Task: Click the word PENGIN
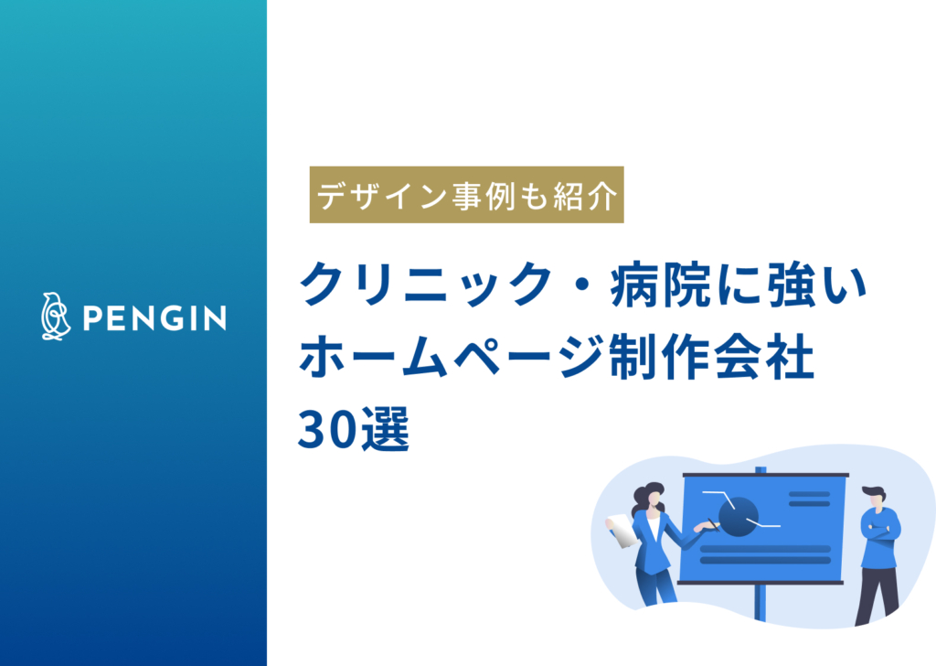click(x=154, y=318)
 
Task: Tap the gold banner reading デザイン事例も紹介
click(x=466, y=195)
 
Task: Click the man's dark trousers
click(x=877, y=590)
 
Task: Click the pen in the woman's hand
click(x=710, y=523)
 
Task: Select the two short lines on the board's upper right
click(x=808, y=499)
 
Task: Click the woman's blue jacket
click(x=653, y=544)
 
